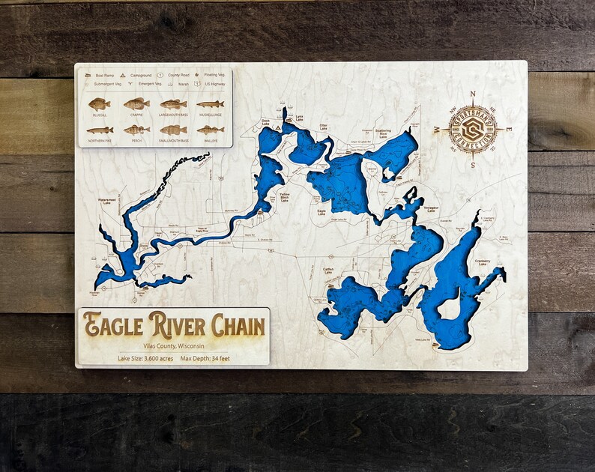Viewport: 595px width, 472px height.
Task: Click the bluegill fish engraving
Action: click(x=99, y=104)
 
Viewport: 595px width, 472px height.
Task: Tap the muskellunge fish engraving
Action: click(x=210, y=104)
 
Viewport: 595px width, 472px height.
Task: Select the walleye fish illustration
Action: click(x=210, y=130)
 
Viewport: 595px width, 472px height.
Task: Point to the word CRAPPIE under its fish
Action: click(x=136, y=115)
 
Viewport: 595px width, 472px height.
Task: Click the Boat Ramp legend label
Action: click(x=103, y=76)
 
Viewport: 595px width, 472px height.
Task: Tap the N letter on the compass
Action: click(x=472, y=94)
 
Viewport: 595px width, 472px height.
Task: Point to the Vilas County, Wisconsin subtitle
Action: click(x=173, y=345)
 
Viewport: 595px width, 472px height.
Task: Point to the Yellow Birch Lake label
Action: click(x=284, y=197)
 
